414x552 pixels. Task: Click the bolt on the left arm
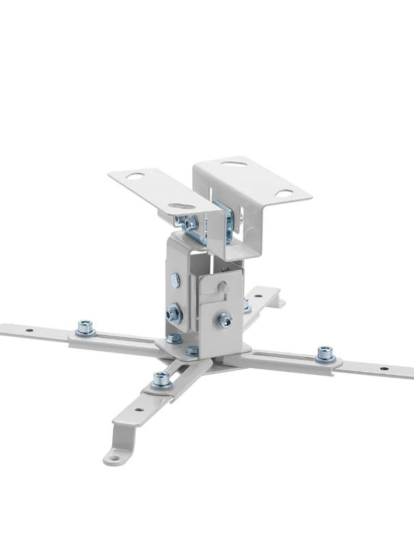click(x=85, y=327)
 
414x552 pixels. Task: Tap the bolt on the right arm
click(x=325, y=353)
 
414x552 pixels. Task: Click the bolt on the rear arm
click(x=247, y=306)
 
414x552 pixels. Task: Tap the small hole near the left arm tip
click(x=29, y=330)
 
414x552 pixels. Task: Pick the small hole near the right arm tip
click(x=384, y=368)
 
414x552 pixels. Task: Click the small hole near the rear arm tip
click(x=272, y=295)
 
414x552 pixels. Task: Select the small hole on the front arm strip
click(x=139, y=409)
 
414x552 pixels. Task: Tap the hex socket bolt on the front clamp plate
click(x=224, y=320)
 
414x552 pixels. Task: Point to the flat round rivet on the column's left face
click(x=175, y=280)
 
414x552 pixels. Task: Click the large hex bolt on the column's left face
click(x=174, y=313)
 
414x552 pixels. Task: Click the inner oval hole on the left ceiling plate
click(x=181, y=206)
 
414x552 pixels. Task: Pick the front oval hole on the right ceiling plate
click(x=284, y=192)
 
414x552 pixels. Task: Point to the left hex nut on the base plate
click(x=174, y=338)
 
